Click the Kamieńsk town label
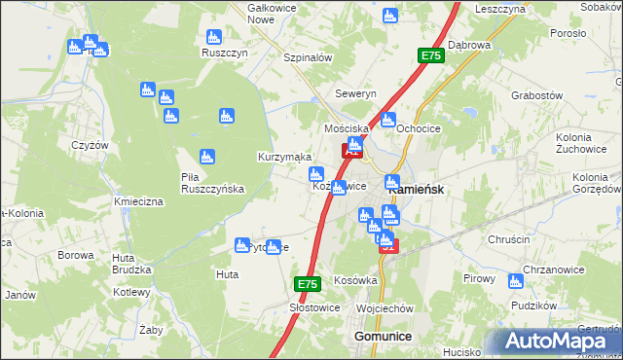click(x=418, y=190)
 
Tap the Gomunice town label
click(x=378, y=336)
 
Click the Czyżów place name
click(x=89, y=144)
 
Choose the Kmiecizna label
click(x=136, y=201)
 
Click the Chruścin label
click(x=506, y=236)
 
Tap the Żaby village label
click(x=151, y=329)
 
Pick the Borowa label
click(x=74, y=255)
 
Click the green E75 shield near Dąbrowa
click(x=432, y=57)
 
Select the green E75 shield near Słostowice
click(x=308, y=284)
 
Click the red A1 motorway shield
click(x=351, y=151)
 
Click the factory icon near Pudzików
click(x=515, y=281)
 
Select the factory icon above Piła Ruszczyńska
click(x=206, y=157)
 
